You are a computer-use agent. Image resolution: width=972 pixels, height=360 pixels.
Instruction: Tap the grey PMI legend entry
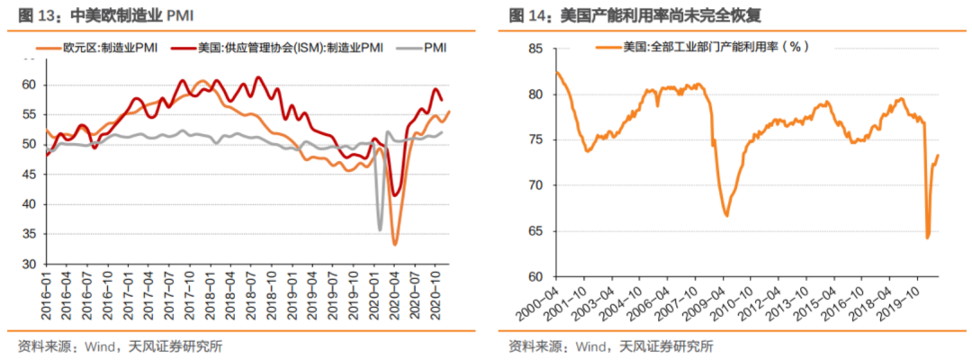click(x=431, y=47)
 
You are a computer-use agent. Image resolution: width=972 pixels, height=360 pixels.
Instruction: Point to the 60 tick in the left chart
click(x=30, y=85)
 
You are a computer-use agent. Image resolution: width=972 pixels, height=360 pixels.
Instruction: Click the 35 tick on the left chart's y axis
click(x=30, y=234)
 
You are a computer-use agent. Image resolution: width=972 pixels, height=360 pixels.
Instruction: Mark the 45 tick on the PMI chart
click(x=30, y=175)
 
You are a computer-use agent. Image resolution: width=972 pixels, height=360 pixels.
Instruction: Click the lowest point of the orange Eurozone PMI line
click(x=394, y=244)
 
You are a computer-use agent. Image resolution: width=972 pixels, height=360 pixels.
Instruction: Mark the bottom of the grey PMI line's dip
click(x=380, y=229)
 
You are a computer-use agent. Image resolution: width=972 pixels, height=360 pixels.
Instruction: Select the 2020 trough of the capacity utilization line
click(x=927, y=238)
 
